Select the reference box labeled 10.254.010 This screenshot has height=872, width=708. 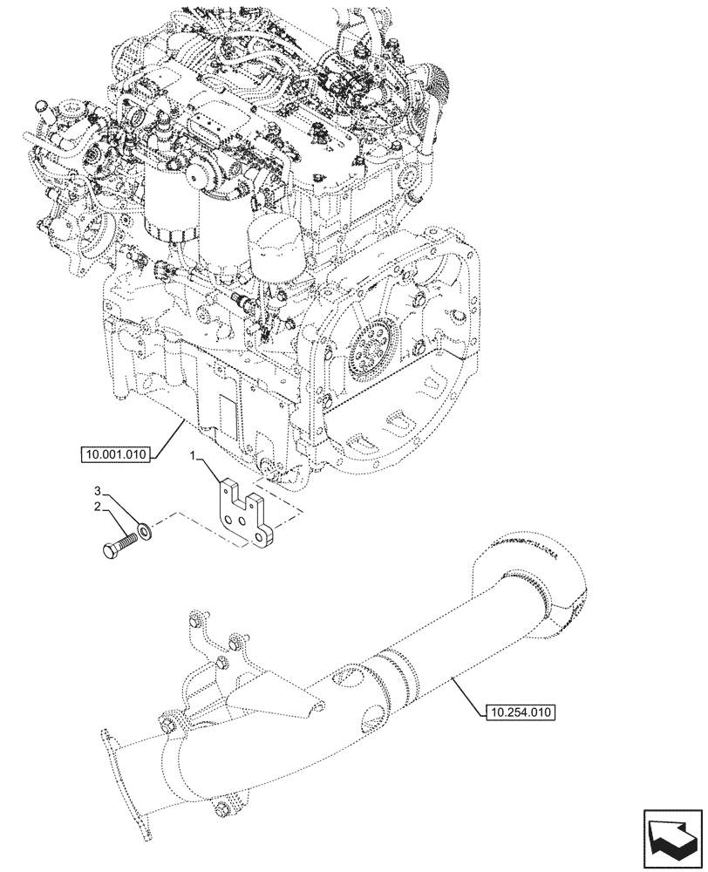pyautogui.click(x=518, y=712)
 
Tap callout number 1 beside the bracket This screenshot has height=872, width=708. pyautogui.click(x=197, y=455)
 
